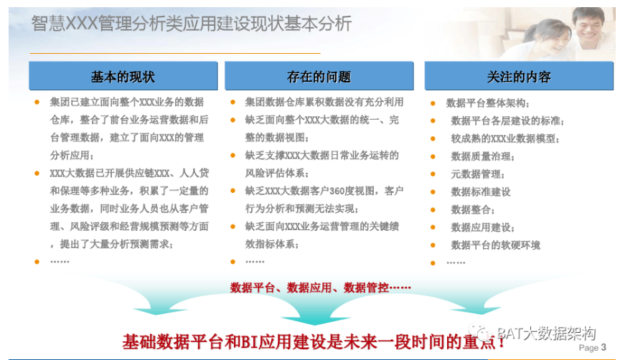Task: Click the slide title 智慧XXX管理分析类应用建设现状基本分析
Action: [x=192, y=24]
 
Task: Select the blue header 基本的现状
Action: [x=123, y=76]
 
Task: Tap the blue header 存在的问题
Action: [x=319, y=76]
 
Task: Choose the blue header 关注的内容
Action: [x=519, y=76]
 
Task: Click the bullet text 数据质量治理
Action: [x=482, y=156]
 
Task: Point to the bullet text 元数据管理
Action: [x=478, y=174]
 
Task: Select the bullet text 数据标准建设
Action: [x=481, y=192]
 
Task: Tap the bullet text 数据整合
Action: [x=472, y=210]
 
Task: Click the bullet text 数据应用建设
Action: [x=482, y=227]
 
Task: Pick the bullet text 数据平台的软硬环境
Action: [x=495, y=245]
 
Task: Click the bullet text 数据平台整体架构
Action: [x=487, y=103]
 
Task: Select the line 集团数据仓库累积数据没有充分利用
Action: [x=324, y=102]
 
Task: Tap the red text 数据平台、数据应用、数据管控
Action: [x=320, y=288]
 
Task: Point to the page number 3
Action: [x=603, y=347]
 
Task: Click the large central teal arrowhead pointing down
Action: [x=315, y=319]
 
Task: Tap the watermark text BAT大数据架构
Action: [x=546, y=333]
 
